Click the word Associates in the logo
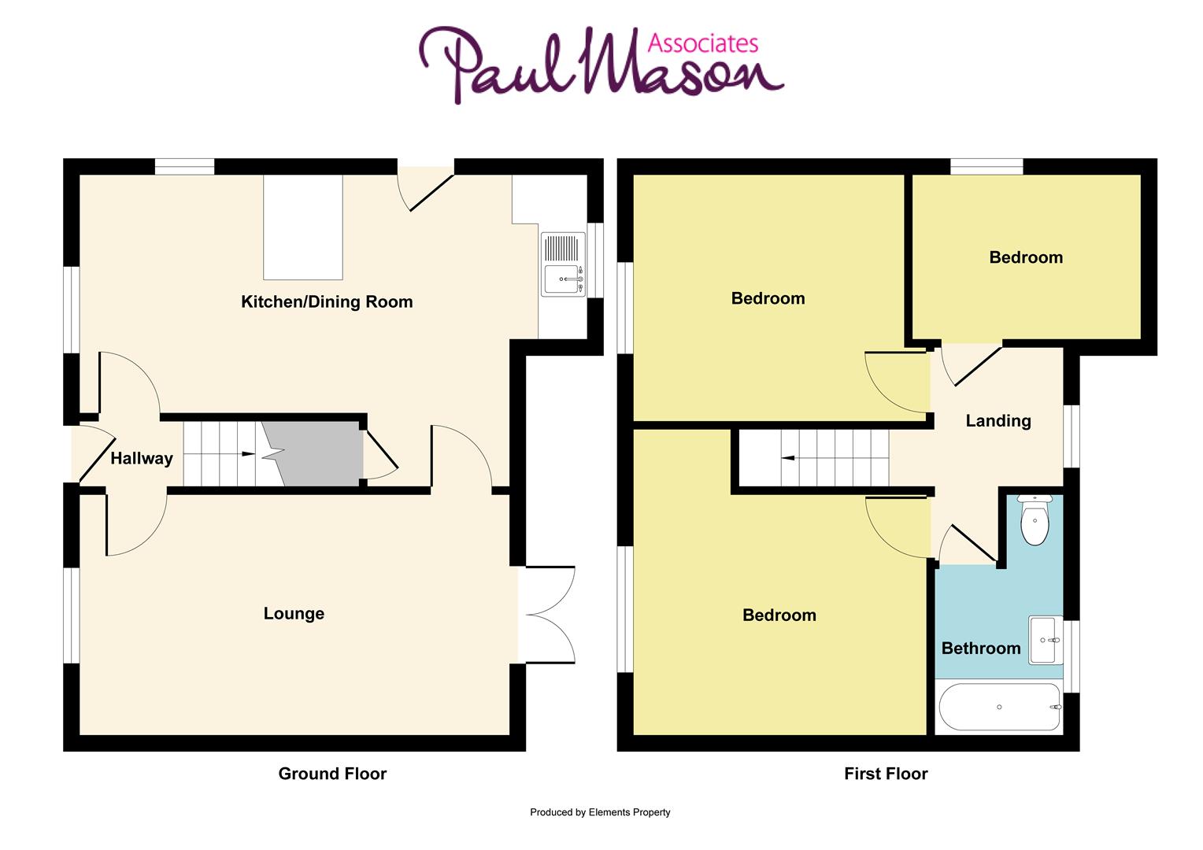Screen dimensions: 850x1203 702,42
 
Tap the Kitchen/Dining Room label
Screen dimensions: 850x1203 327,301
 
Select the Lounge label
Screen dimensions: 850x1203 294,614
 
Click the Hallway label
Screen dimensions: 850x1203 142,458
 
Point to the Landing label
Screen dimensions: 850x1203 998,421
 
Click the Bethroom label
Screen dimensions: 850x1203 981,649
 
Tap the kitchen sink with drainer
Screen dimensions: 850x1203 564,264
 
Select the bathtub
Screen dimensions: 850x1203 999,708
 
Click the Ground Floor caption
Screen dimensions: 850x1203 332,774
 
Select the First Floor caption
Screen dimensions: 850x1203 886,774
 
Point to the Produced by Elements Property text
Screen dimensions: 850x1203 600,812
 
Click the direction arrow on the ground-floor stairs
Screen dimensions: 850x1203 246,454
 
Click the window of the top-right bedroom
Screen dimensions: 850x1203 986,166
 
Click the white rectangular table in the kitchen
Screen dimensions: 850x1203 303,227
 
